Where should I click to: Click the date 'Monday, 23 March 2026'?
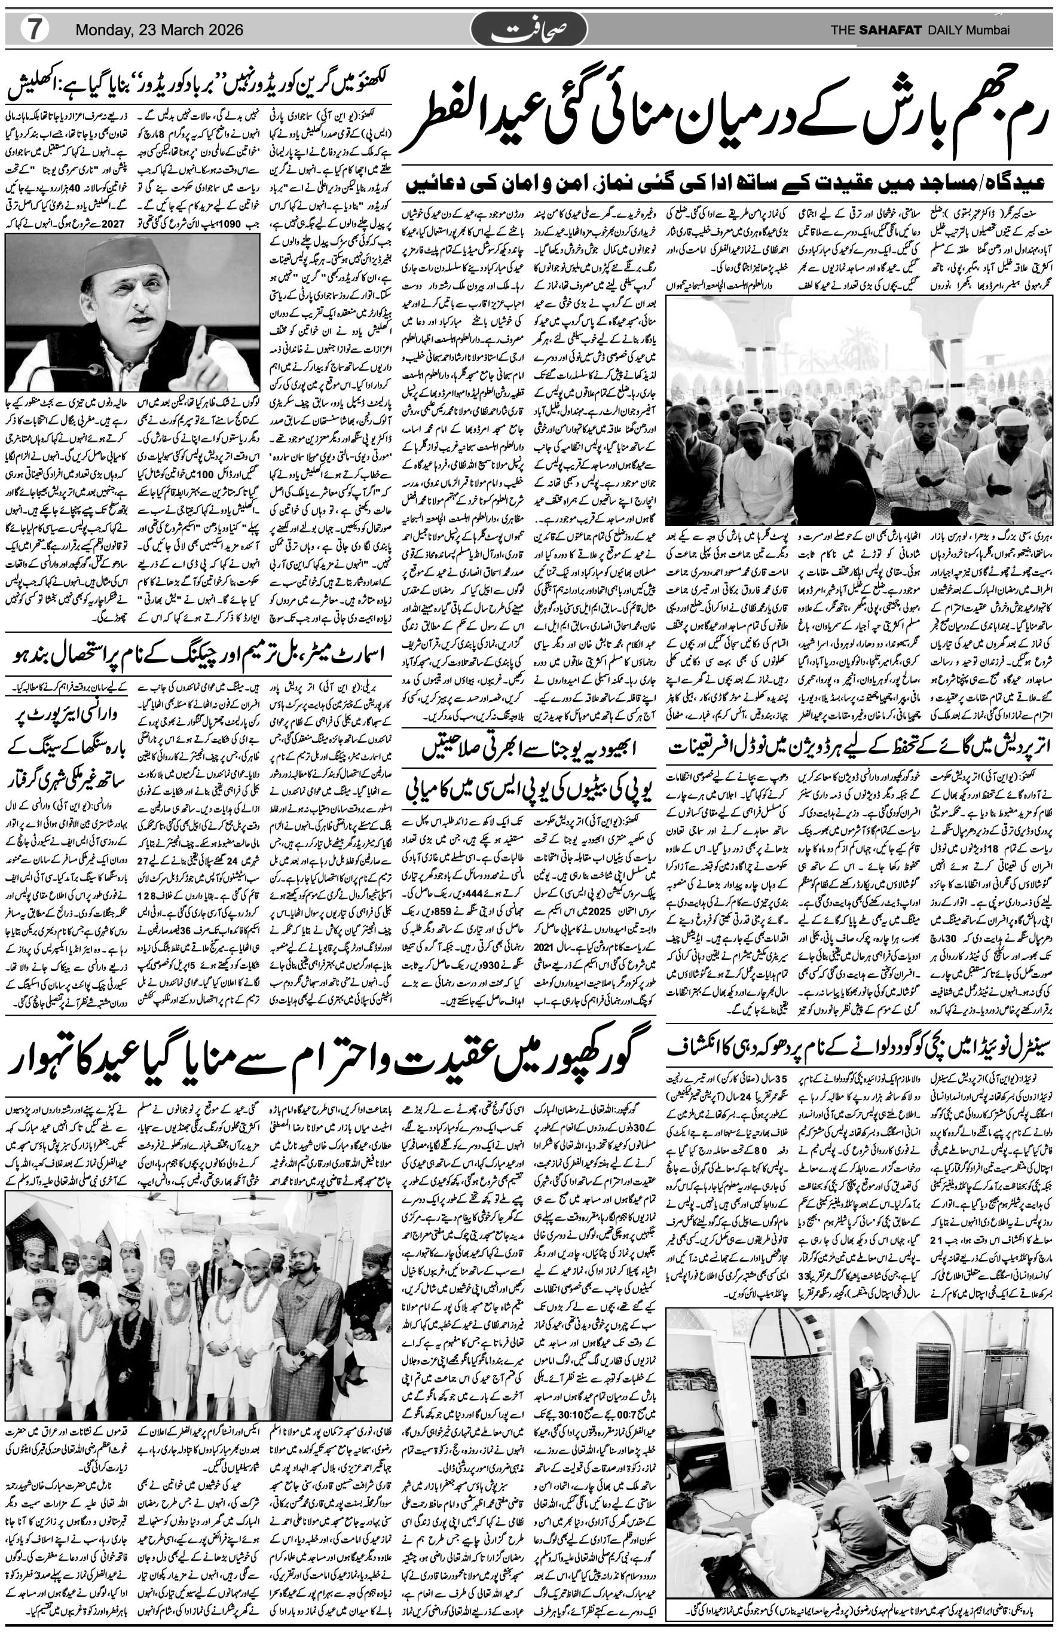coord(159,30)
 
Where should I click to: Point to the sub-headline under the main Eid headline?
coord(727,185)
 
